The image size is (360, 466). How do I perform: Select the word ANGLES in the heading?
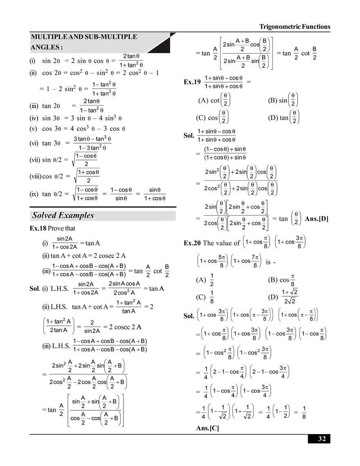pyautogui.click(x=44, y=47)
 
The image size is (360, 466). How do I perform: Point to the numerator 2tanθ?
pyautogui.click(x=131, y=56)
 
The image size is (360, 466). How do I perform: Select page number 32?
pyautogui.click(x=322, y=439)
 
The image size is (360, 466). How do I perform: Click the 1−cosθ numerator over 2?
pyautogui.click(x=87, y=156)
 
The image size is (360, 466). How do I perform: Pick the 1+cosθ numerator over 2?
pyautogui.click(x=88, y=172)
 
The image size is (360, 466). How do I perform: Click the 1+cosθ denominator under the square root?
pyautogui.click(x=87, y=198)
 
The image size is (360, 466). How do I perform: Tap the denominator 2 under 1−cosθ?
pyautogui.click(x=86, y=164)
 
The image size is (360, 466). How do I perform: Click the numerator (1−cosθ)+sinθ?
pyautogui.click(x=226, y=149)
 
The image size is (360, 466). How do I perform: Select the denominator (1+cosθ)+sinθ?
pyautogui.click(x=226, y=158)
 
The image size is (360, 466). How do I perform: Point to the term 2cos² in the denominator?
pyautogui.click(x=211, y=188)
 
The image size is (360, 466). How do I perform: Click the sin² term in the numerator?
pyautogui.click(x=213, y=172)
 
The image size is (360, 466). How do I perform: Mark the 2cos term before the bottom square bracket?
pyautogui.click(x=211, y=223)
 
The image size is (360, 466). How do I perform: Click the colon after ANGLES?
pyautogui.click(x=61, y=48)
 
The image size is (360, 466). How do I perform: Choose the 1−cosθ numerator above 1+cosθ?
pyautogui.click(x=87, y=190)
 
